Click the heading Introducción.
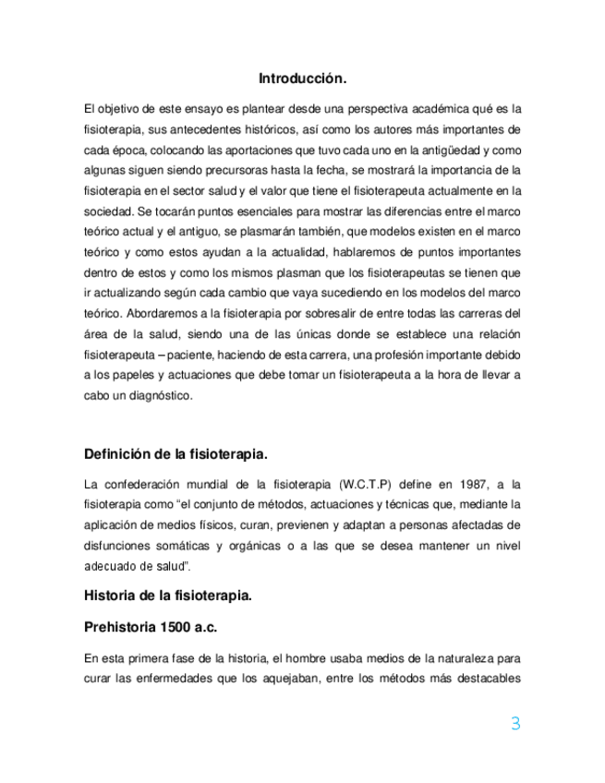coord(302,78)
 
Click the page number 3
coord(515,725)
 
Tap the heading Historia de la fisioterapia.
coord(167,596)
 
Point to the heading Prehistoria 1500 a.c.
coord(151,628)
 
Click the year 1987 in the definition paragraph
coord(459,484)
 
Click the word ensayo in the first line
coord(196,108)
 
